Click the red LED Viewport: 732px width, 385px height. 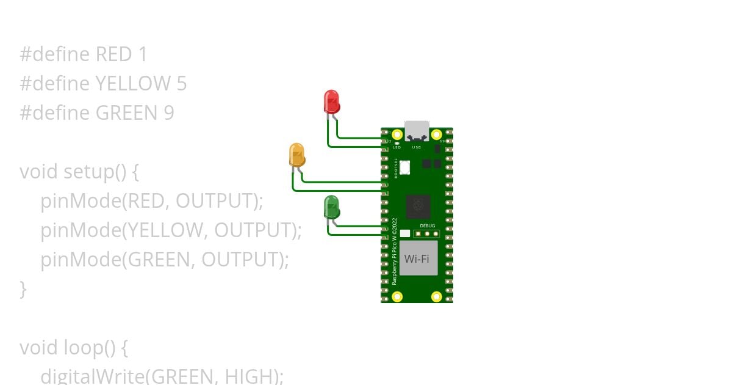331,101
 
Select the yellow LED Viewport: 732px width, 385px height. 296,155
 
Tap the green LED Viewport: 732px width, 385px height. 331,207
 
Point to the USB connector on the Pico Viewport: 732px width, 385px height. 417,130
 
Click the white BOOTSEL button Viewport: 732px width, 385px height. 405,167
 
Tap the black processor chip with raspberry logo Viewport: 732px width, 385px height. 418,207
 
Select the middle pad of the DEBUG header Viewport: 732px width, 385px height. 427,233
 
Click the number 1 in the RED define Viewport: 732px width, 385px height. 143,55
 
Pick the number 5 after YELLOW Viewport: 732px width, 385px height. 181,84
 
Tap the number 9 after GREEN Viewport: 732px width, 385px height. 168,113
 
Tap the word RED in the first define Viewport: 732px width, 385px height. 113,55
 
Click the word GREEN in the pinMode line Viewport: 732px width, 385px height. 158,260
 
